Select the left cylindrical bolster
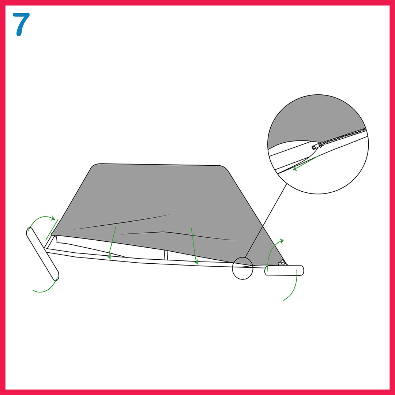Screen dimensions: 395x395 pos(42,254)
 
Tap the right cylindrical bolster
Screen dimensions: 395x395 pos(284,270)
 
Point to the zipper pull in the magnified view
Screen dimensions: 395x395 pos(317,146)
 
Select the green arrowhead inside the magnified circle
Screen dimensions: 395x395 pos(295,169)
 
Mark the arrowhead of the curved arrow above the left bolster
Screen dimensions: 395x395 pos(53,218)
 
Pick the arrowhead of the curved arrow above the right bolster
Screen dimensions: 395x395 pos(282,241)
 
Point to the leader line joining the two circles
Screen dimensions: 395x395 pos(266,221)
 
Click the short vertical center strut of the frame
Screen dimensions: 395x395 pos(166,255)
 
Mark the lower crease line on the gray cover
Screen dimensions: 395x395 pos(176,234)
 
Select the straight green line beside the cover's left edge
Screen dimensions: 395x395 pos(52,230)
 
